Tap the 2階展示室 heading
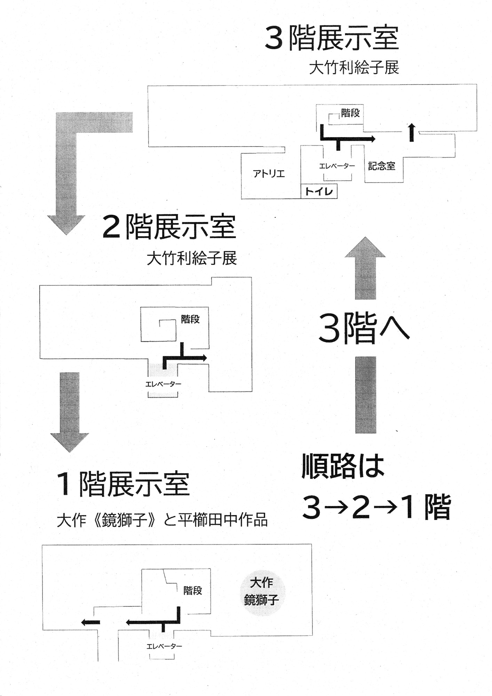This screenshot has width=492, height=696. click(169, 227)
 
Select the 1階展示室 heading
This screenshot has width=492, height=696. click(124, 484)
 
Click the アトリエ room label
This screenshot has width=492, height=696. click(269, 173)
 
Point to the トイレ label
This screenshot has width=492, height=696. click(319, 191)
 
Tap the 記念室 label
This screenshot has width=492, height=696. click(382, 166)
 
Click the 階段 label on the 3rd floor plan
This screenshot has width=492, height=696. click(350, 113)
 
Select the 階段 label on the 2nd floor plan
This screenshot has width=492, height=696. click(190, 319)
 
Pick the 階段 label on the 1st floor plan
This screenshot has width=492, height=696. click(193, 590)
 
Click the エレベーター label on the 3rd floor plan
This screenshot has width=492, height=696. click(337, 166)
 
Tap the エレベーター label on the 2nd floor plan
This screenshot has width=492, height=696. click(163, 384)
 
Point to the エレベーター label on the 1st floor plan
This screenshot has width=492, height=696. click(164, 646)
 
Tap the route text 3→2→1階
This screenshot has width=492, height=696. click(376, 507)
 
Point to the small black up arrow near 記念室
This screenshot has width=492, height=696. click(412, 132)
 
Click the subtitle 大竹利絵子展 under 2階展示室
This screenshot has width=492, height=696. click(192, 259)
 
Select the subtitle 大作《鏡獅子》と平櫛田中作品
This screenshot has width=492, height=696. click(162, 520)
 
